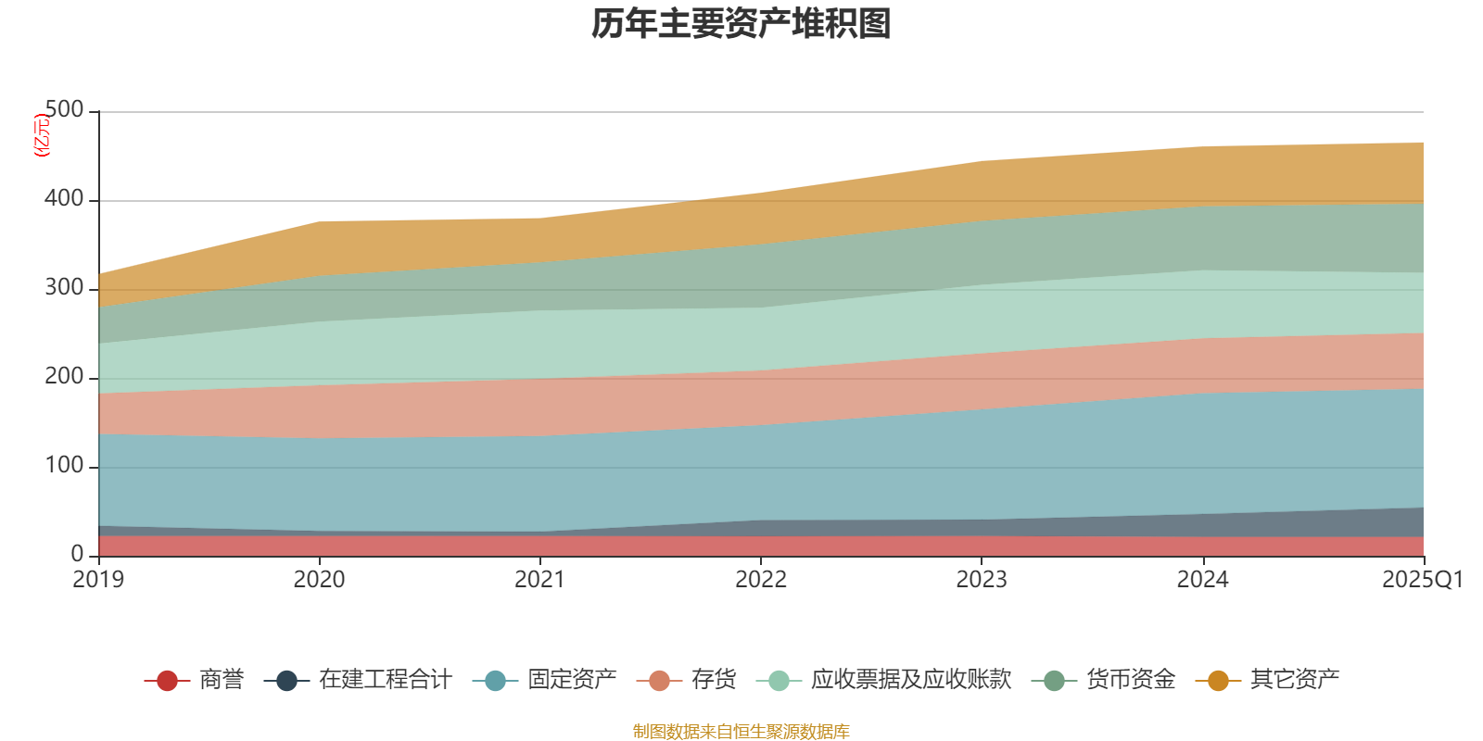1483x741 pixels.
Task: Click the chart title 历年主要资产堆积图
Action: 741,24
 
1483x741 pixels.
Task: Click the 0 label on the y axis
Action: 77,554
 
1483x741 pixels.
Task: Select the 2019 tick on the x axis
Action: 98,580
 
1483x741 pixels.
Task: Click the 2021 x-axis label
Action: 539,580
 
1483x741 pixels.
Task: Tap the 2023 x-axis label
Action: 982,580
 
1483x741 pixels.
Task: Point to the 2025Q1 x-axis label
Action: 1422,580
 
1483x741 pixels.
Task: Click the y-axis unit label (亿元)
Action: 42,135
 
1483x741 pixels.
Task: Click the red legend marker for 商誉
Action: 167,681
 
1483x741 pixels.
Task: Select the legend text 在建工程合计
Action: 385,680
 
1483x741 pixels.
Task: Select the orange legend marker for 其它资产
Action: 1218,681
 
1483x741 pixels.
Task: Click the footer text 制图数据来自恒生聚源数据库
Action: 741,732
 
